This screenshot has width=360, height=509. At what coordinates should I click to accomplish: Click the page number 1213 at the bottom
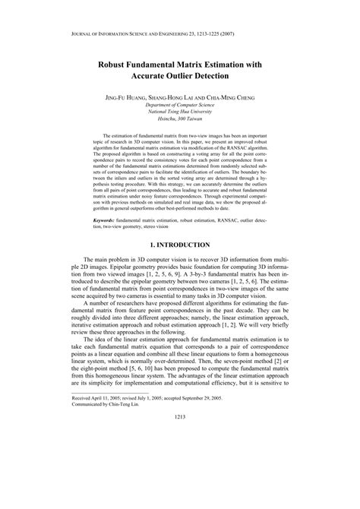(x=180, y=480)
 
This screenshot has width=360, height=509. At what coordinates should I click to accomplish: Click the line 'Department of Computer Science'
(x=180, y=107)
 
